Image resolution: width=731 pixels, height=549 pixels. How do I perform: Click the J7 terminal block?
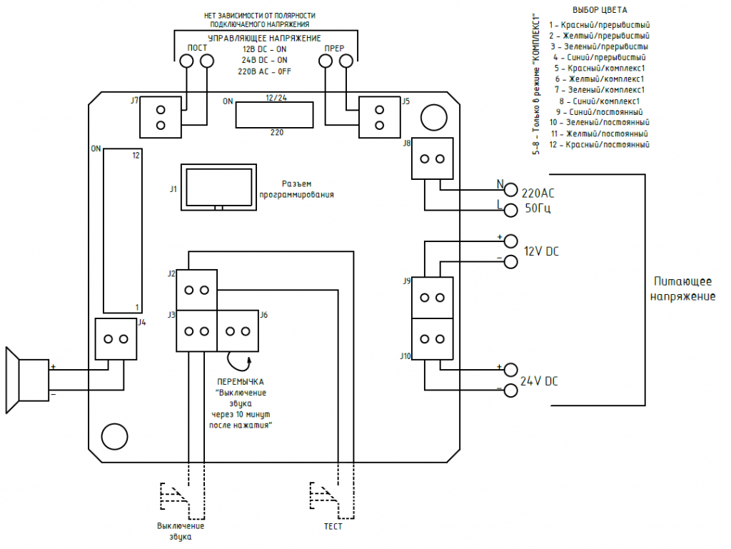(161, 117)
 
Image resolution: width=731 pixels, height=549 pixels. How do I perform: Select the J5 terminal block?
(379, 117)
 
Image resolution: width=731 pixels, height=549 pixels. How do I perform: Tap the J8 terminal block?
(432, 158)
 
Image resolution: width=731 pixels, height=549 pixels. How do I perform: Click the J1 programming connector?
(218, 187)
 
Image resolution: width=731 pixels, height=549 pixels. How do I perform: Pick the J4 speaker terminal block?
(116, 339)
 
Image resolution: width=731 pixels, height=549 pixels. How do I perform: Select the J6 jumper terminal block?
(238, 331)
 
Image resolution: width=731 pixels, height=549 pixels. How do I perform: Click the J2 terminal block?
(197, 290)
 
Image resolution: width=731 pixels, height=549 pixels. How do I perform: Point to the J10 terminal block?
(432, 339)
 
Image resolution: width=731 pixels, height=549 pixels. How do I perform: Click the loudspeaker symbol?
(27, 381)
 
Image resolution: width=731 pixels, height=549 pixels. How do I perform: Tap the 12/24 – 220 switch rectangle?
(274, 115)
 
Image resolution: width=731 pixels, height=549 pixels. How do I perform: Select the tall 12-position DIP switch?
(123, 231)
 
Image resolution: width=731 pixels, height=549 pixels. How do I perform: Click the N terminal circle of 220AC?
(511, 190)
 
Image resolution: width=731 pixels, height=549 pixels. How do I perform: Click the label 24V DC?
(539, 381)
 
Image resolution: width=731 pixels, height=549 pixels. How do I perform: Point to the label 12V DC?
(541, 252)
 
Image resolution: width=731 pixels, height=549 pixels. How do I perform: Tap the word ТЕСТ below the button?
(333, 527)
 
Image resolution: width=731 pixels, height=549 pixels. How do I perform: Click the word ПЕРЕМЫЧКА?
(241, 382)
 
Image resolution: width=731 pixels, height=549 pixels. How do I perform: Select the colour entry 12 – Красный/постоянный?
(599, 144)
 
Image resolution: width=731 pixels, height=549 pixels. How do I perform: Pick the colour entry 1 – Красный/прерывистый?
(599, 25)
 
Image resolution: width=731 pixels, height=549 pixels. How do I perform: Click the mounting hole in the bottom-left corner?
(114, 437)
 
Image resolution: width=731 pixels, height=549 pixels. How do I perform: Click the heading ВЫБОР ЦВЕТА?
(600, 10)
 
